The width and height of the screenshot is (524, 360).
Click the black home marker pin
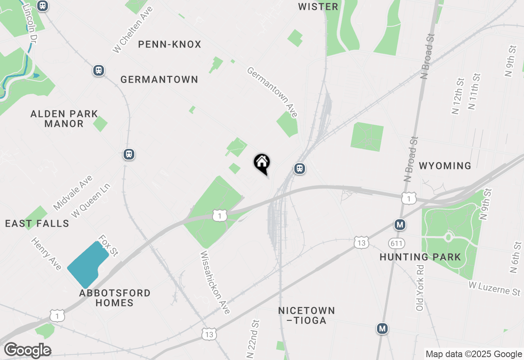click(262, 164)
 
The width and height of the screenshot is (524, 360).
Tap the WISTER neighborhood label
click(318, 7)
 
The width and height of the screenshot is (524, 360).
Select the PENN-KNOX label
click(169, 44)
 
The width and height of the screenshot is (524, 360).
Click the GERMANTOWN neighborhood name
click(159, 79)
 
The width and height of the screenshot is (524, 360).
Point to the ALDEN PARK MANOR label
click(64, 119)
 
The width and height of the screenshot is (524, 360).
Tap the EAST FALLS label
click(37, 223)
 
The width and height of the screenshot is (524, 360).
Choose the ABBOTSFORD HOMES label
click(115, 298)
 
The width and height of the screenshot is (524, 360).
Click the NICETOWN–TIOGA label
click(307, 315)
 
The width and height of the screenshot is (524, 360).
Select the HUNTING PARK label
click(420, 257)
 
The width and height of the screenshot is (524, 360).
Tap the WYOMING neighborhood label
click(445, 166)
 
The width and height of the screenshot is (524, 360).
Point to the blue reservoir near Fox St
click(87, 264)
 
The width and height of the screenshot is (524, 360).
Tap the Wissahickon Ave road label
click(215, 282)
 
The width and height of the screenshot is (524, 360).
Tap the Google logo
click(27, 350)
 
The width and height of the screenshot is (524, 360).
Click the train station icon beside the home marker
click(300, 169)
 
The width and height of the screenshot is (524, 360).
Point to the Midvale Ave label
click(73, 193)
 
